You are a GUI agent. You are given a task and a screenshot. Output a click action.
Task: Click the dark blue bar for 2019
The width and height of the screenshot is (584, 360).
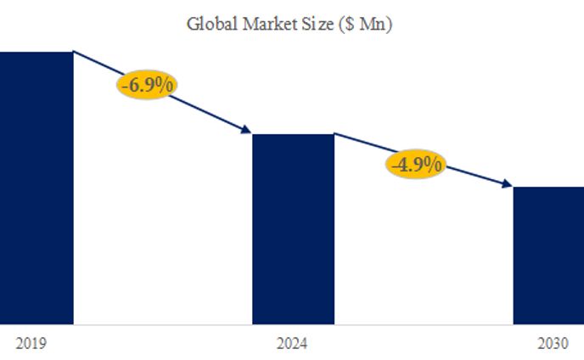[36, 187]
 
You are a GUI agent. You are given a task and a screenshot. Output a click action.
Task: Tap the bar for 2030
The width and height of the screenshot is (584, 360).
[548, 255]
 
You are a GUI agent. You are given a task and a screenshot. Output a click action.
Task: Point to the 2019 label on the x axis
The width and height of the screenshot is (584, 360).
[31, 344]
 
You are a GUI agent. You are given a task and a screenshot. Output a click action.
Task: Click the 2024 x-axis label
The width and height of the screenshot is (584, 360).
[292, 344]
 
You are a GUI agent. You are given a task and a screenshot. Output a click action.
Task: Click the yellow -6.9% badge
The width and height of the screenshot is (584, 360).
[149, 86]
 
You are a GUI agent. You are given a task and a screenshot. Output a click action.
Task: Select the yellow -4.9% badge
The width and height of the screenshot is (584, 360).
[416, 164]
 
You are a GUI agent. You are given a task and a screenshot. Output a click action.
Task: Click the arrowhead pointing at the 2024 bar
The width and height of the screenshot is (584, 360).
[247, 130]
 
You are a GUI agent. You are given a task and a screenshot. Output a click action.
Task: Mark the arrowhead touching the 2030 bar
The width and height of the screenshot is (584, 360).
[507, 183]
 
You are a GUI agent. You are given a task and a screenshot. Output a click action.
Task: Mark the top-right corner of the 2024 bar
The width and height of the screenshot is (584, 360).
[334, 134]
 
